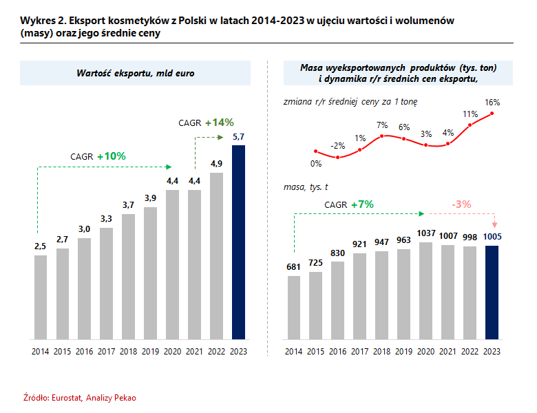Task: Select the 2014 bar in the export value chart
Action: point(41,297)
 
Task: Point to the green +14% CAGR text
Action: point(220,123)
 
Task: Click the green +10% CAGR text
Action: point(111,156)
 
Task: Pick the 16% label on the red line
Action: point(492,103)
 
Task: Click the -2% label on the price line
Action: point(337,146)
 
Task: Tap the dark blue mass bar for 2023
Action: point(492,293)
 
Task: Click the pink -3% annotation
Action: point(461,204)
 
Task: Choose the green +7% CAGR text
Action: point(361,204)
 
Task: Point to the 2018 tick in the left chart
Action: point(129,352)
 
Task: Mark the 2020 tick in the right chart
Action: point(426,352)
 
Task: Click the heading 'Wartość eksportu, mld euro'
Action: point(135,72)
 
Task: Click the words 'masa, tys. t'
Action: point(306,187)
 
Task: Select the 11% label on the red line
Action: point(470,114)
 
